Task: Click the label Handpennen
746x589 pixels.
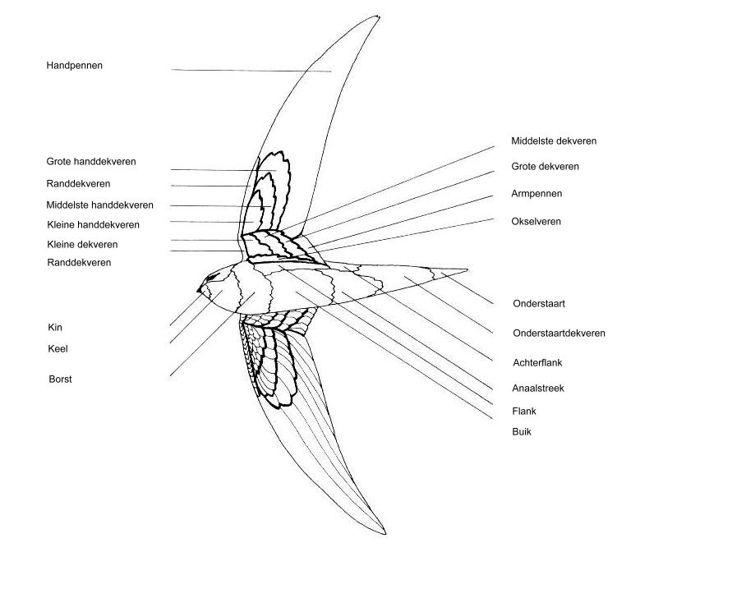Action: click(x=74, y=66)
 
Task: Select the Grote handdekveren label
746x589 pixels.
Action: click(x=91, y=162)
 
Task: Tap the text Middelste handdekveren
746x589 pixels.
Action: click(x=100, y=205)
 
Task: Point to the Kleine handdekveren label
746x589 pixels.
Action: click(x=94, y=224)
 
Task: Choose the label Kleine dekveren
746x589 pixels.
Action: click(x=82, y=245)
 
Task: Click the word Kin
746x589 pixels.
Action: click(x=55, y=327)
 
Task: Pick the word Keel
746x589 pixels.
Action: click(x=58, y=349)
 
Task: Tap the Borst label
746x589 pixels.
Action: click(x=61, y=380)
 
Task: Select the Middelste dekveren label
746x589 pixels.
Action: click(x=554, y=140)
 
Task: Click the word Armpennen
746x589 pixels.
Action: click(x=536, y=194)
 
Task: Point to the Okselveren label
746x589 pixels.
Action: click(x=536, y=221)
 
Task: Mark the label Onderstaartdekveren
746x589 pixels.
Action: click(x=559, y=333)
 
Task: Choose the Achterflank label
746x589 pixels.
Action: click(x=537, y=362)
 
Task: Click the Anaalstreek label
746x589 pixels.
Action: click(x=538, y=389)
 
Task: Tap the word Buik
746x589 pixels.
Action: click(x=522, y=432)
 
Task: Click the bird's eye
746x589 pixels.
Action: click(x=212, y=276)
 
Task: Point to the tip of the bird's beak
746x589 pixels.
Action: click(x=197, y=290)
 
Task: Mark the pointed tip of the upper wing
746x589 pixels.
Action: click(x=379, y=16)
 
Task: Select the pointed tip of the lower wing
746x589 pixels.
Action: click(x=385, y=534)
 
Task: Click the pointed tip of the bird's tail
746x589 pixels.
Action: click(x=467, y=270)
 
